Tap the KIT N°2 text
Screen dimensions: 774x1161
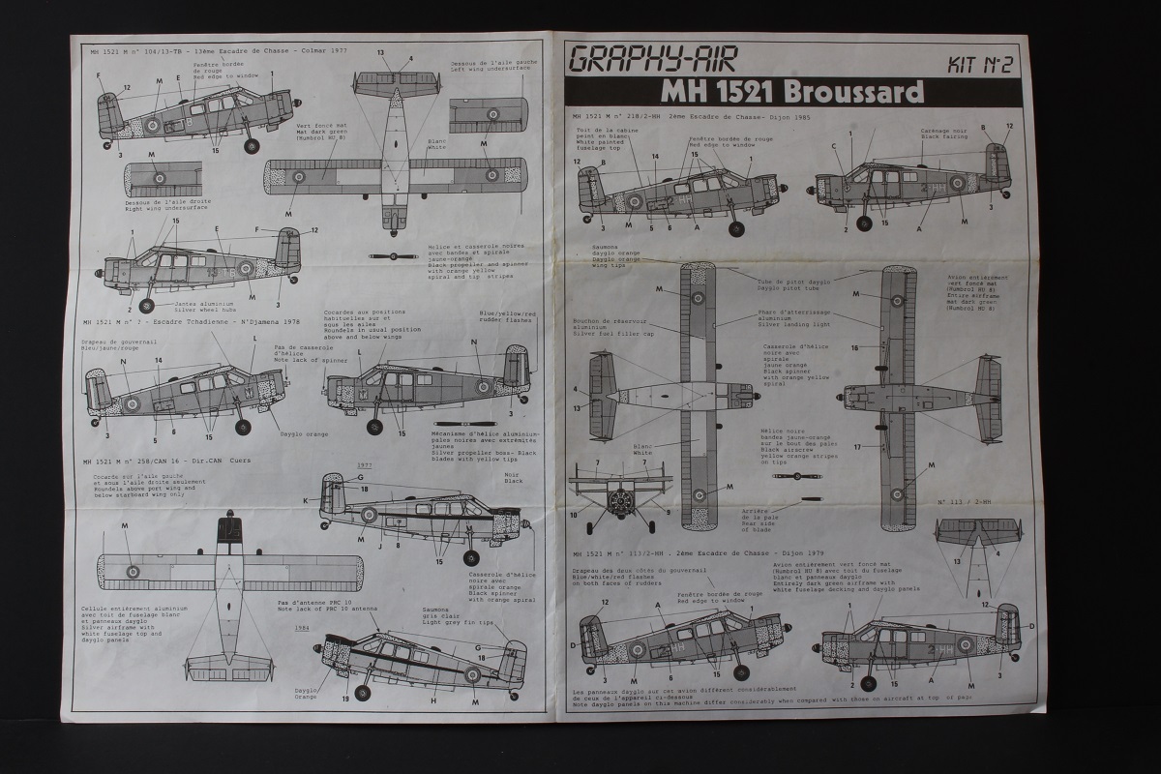coord(978,66)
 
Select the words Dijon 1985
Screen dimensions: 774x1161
coord(788,117)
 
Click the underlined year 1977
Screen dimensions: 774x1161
coord(365,465)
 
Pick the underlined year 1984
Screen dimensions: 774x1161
coord(303,627)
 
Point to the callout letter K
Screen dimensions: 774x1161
coord(305,500)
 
